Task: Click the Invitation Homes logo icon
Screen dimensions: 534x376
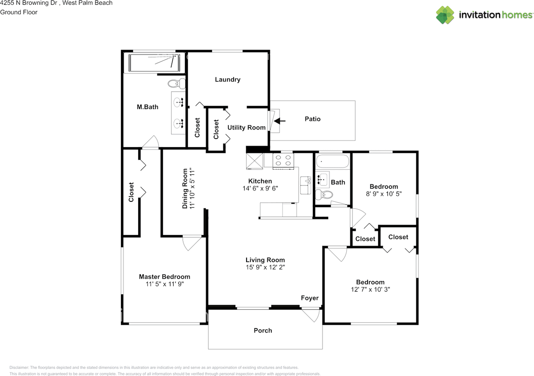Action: (445, 15)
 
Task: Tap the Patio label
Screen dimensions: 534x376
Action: (312, 119)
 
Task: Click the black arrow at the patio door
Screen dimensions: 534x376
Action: (280, 121)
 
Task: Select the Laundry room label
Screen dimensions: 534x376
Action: (228, 80)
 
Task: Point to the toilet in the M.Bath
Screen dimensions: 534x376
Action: (176, 84)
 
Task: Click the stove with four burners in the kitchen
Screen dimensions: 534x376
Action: (283, 161)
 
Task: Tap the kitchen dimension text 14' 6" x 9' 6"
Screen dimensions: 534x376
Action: (260, 188)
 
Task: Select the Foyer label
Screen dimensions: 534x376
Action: (310, 298)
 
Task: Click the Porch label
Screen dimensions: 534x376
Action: (263, 331)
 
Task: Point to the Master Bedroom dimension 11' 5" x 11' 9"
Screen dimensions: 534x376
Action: (165, 284)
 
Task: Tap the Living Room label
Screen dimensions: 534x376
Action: (265, 260)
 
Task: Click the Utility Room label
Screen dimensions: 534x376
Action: (247, 128)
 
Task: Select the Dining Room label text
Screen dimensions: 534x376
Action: (185, 188)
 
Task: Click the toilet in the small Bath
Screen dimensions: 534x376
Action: (324, 195)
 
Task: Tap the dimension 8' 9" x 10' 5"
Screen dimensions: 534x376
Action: (384, 194)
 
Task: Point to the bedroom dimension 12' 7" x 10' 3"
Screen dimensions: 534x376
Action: (370, 290)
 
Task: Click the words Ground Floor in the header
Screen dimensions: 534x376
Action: (19, 12)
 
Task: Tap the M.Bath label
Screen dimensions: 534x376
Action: (148, 107)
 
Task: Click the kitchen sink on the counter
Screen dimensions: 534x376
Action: (306, 185)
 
